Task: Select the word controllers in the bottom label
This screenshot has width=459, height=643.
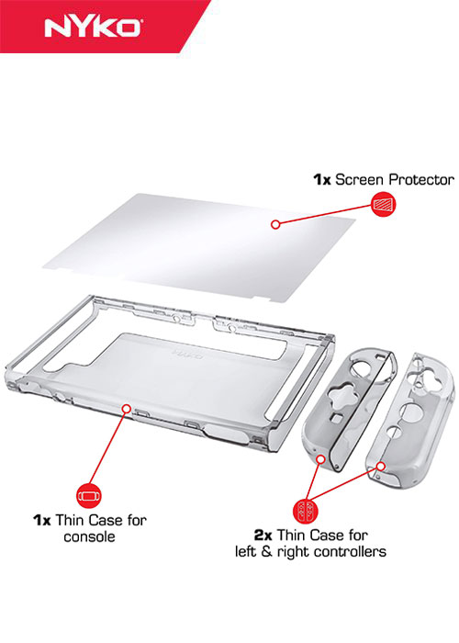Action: (349, 551)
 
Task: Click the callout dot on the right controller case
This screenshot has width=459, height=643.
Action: (380, 465)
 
